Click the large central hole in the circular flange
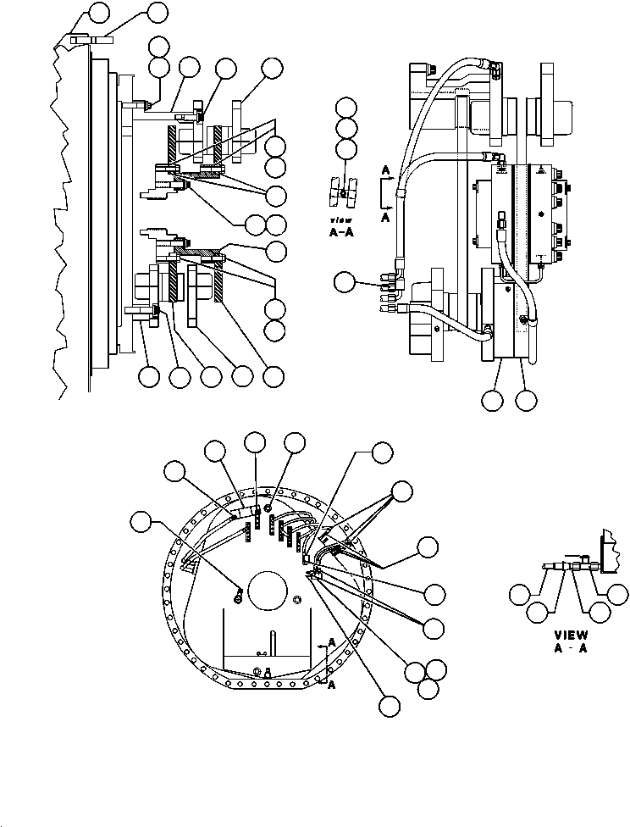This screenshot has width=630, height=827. pos(268,590)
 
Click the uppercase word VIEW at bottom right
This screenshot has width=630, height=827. pos(571,636)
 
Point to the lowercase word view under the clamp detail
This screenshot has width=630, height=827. pos(340,220)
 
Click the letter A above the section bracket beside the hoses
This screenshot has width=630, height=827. pos(386,170)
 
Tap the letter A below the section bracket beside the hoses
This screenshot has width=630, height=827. pos(385,216)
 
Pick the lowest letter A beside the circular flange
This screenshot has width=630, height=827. pos(332,685)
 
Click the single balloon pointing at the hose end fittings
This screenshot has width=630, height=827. pos(345,282)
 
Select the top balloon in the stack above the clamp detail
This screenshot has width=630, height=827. pos(345,108)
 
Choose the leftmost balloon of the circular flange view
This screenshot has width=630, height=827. pos(141,521)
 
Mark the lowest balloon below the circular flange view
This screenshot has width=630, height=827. pos(390,706)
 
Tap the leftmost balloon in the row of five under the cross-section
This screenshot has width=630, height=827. pos(149,376)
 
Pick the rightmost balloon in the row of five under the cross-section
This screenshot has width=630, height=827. pos(274,376)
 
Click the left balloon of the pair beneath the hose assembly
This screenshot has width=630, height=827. pos(493,401)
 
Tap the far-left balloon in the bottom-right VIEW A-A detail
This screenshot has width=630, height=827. pos(520,595)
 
